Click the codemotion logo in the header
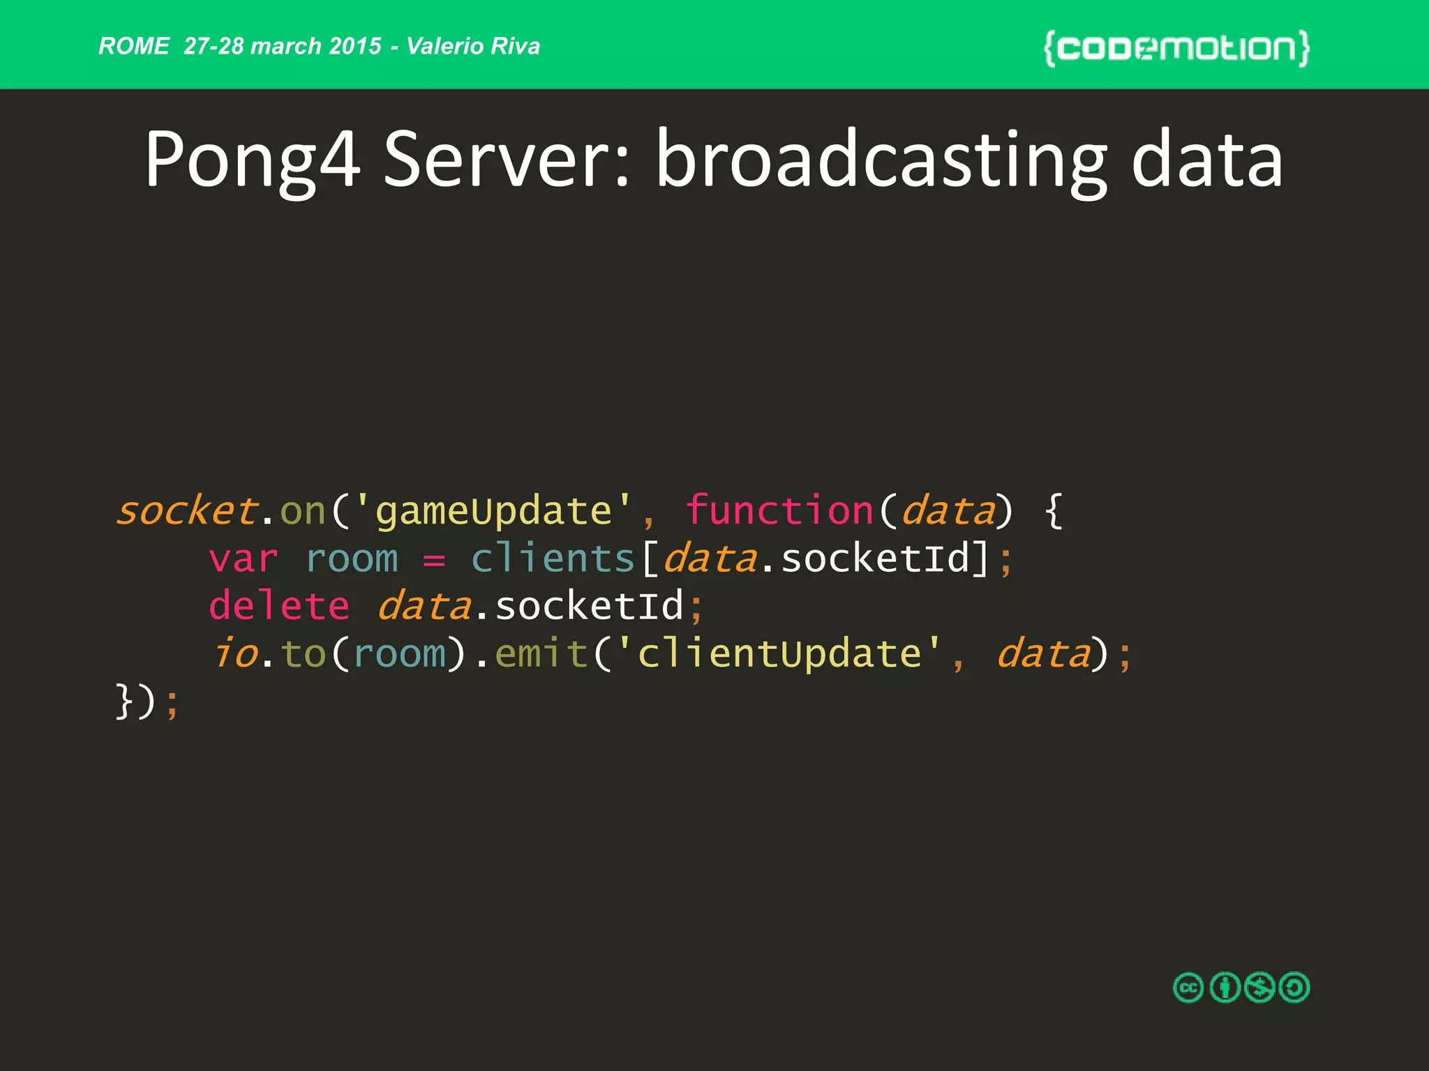1176,48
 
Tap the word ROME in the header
133,46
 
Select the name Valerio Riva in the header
473,46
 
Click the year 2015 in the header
355,46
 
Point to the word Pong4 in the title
252,160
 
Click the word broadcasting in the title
881,160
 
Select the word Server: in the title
507,160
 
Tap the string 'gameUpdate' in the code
493,511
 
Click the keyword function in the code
779,510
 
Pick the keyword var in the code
243,559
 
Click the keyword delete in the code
279,606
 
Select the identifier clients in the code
553,559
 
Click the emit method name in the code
541,653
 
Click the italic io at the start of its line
234,653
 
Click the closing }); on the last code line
147,701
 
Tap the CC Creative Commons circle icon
1188,987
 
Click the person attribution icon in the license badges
1225,987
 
